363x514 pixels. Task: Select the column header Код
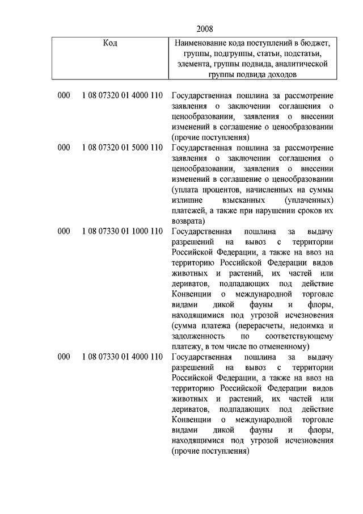pos(110,43)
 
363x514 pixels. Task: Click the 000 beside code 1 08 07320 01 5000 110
pos(64,148)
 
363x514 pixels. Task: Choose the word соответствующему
pos(297,336)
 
